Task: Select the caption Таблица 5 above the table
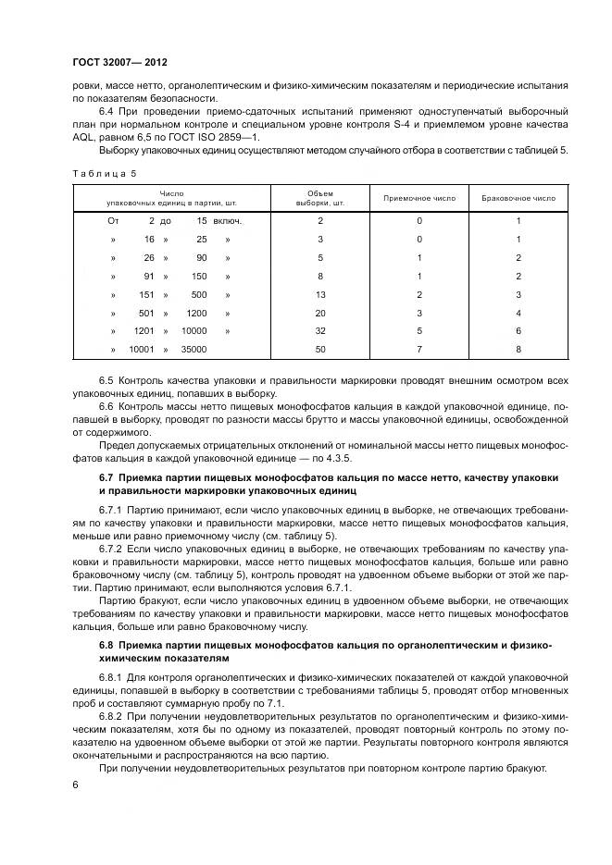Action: (x=104, y=173)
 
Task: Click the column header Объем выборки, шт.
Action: (x=320, y=198)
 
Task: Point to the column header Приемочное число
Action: (x=419, y=198)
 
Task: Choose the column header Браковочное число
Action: (x=518, y=198)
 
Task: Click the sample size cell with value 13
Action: (x=320, y=294)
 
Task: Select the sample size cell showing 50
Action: (x=320, y=349)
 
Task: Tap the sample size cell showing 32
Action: (x=320, y=330)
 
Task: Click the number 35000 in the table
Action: (x=194, y=349)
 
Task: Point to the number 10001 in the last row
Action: (x=141, y=349)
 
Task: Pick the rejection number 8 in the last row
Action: (x=518, y=349)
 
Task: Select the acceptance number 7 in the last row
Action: (x=419, y=349)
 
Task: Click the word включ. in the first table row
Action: (x=228, y=221)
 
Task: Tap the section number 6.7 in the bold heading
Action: (x=106, y=477)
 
